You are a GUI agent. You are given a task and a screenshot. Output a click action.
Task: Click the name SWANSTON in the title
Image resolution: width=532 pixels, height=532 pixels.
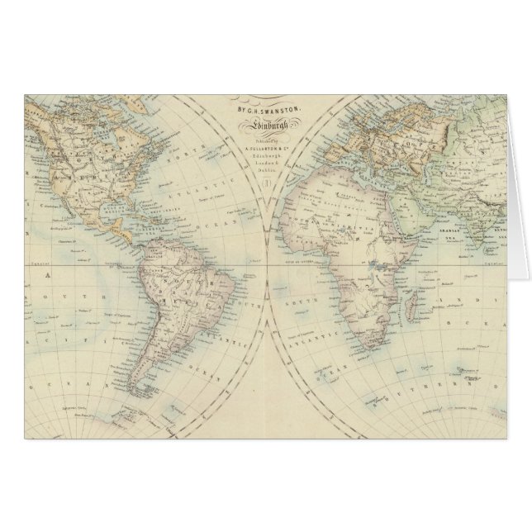tap(277, 109)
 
